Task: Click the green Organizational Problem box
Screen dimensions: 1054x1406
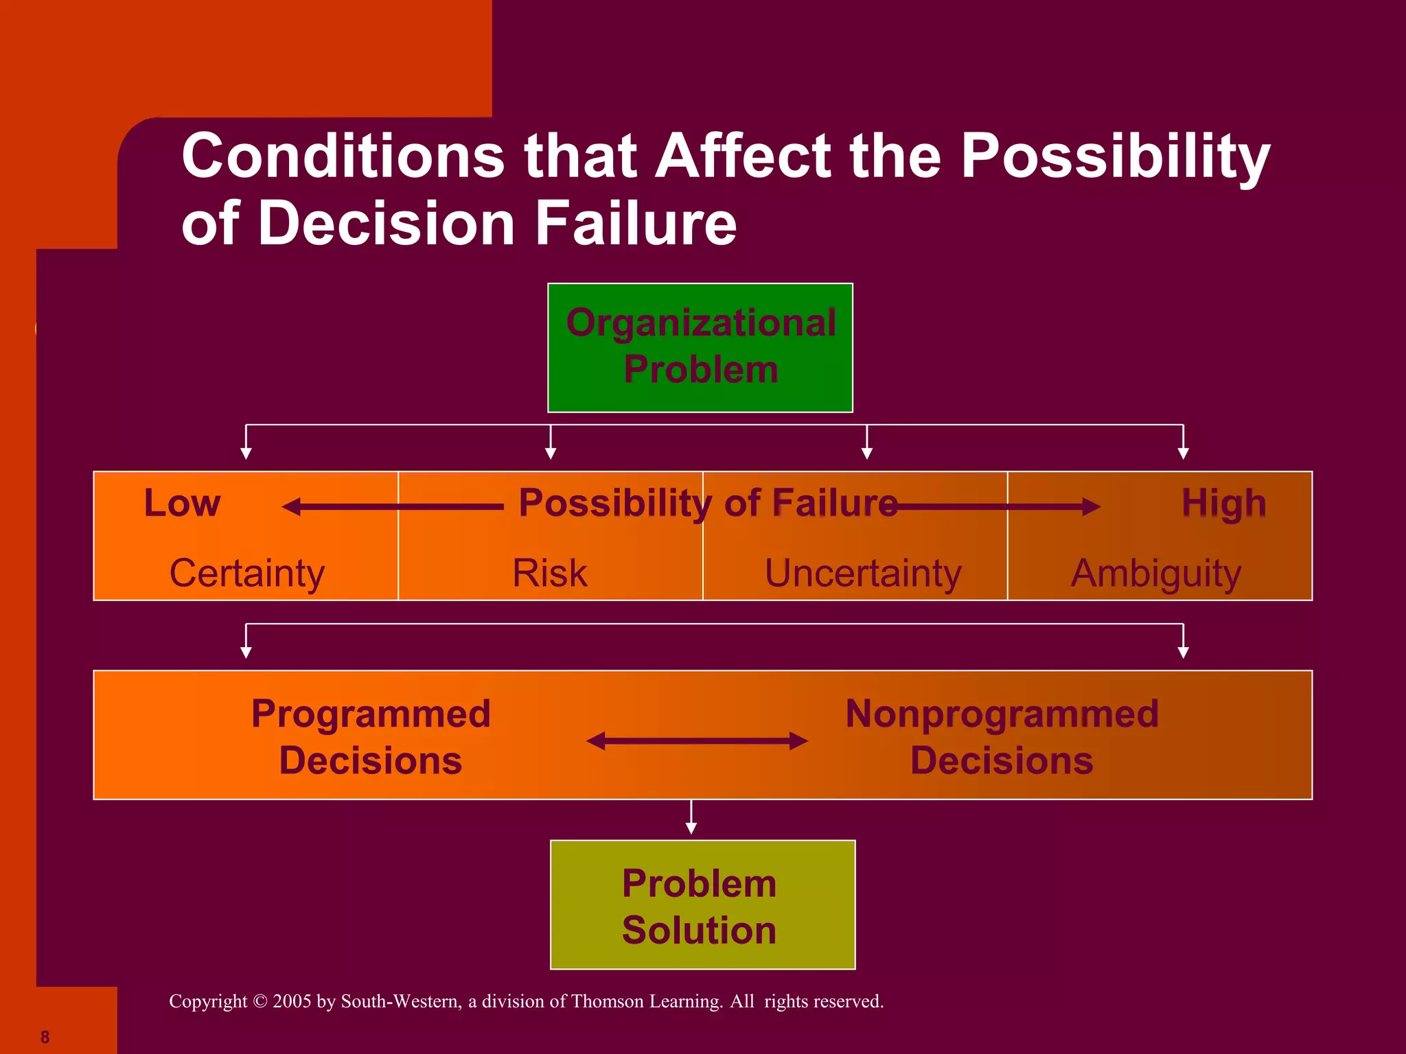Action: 700,347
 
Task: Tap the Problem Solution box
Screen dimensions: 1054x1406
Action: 702,904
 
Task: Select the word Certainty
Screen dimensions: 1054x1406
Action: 246,573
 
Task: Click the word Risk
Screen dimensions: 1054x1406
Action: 549,573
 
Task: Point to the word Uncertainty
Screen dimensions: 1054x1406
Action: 863,573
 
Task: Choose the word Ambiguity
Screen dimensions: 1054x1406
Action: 1156,573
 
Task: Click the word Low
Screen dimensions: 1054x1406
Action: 182,503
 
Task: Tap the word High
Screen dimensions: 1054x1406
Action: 1223,503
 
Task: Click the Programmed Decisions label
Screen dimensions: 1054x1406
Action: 371,736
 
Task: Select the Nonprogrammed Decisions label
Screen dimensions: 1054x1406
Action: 1002,736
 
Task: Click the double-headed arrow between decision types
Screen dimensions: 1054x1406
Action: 697,741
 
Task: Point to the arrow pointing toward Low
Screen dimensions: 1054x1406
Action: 391,507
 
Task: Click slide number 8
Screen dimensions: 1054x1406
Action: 45,1037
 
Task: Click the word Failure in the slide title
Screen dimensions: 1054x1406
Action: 636,224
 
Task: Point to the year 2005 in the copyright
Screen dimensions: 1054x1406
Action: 292,1001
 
